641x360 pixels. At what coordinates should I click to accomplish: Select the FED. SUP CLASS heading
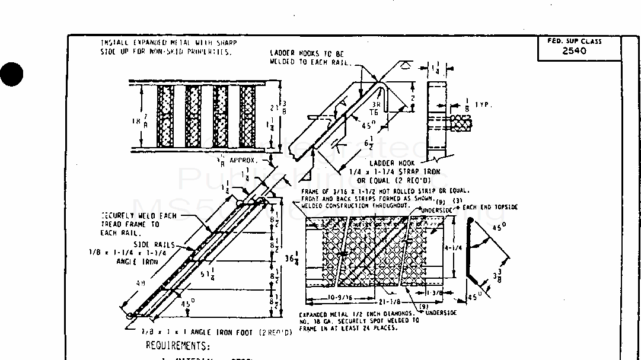(574, 42)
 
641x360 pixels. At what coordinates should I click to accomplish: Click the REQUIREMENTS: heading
(177, 346)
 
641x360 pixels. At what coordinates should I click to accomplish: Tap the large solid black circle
(11, 75)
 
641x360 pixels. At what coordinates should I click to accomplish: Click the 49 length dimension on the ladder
(141, 284)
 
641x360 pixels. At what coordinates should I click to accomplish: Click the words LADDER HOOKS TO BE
(302, 53)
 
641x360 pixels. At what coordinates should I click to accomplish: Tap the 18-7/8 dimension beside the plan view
(139, 121)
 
